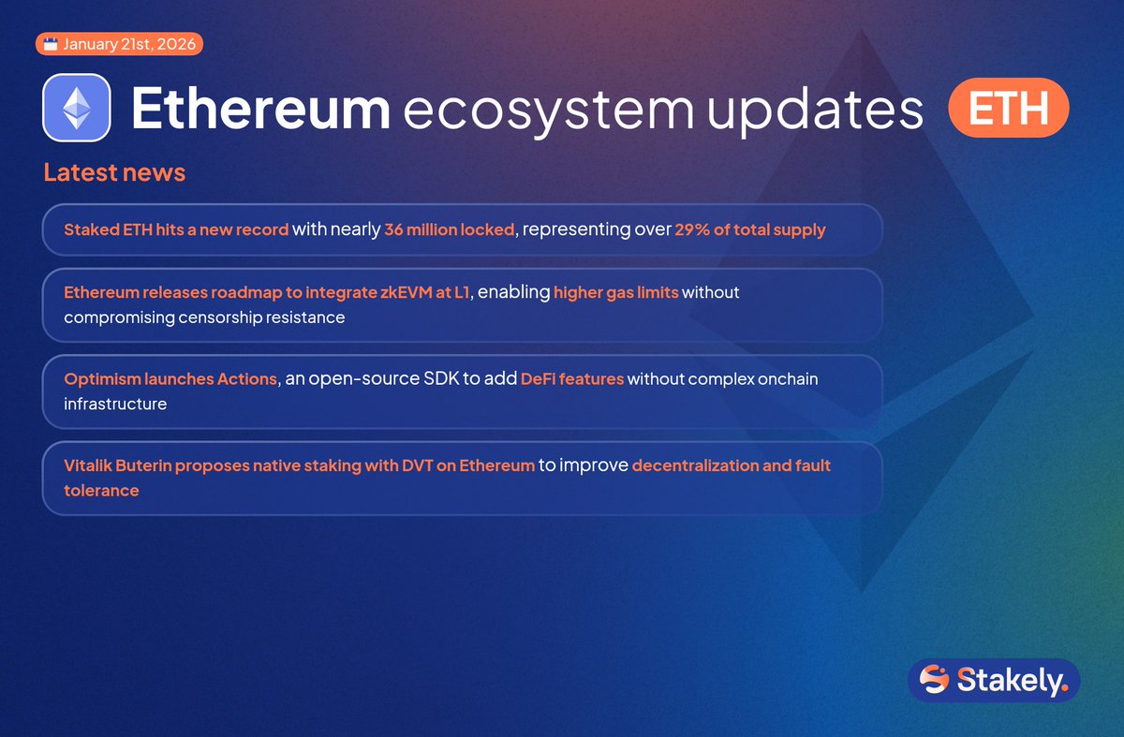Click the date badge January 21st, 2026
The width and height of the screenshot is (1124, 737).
[x=119, y=44]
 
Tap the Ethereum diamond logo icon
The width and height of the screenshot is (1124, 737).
[x=77, y=108]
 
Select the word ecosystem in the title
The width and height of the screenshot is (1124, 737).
[x=548, y=111]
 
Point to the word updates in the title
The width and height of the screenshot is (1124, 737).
[x=815, y=111]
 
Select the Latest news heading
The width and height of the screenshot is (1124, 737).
[x=114, y=172]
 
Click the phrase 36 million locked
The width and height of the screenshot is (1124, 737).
[x=450, y=230]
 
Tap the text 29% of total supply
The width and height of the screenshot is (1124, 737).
[x=749, y=230]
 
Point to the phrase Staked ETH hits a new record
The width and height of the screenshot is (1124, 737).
[x=176, y=230]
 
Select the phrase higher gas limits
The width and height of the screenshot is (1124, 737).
[x=615, y=293]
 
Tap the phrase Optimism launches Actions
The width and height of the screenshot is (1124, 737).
[x=170, y=379]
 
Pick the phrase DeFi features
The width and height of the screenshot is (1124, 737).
[x=571, y=379]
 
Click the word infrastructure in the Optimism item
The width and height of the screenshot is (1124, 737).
[x=115, y=405]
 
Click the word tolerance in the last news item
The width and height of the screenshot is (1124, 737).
[x=101, y=491]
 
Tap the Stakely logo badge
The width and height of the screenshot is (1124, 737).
[x=994, y=680]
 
